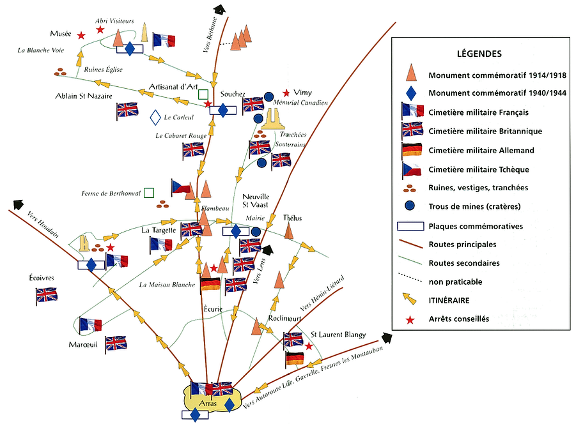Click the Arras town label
coord(208,403)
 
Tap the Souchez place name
coord(233,94)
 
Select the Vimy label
coord(302,93)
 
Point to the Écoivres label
coord(42,278)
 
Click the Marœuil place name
coord(83,345)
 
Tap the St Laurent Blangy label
coord(338,335)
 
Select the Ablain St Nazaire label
coord(84,96)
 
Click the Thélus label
coord(292,218)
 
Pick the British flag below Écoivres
coord(47,296)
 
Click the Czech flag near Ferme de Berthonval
coord(181,188)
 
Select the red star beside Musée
coord(81,36)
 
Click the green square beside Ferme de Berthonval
coord(149,193)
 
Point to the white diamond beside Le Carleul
coord(155,117)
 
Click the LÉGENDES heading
coord(479,54)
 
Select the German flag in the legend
coord(412,150)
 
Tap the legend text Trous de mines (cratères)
coord(474,206)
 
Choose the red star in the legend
coord(410,320)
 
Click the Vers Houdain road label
coord(42,224)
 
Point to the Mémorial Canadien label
coord(300,102)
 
